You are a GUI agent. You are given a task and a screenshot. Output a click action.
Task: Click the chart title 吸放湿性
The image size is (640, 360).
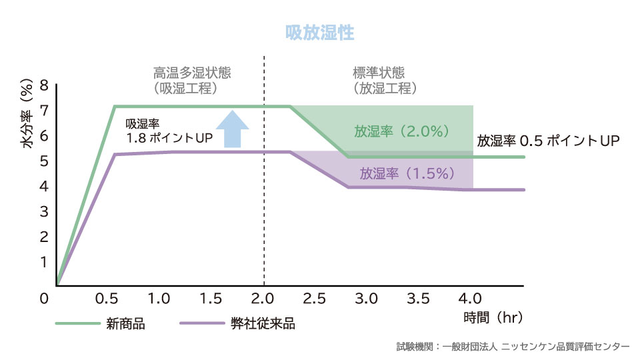(x=319, y=32)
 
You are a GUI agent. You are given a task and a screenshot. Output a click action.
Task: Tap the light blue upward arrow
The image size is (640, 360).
(x=231, y=129)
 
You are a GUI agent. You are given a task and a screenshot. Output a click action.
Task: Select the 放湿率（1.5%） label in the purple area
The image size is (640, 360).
(x=407, y=174)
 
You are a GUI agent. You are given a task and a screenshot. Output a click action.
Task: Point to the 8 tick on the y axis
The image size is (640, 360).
(x=44, y=85)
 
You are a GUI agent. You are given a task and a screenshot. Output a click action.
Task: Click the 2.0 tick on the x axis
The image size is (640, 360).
(x=264, y=297)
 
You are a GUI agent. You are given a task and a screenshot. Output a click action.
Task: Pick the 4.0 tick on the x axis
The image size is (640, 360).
(x=472, y=297)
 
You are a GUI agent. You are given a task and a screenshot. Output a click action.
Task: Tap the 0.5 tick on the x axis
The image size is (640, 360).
(x=109, y=297)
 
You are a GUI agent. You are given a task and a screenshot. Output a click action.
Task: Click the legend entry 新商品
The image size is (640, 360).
(x=125, y=325)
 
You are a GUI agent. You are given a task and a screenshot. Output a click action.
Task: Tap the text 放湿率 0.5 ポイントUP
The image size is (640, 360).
(x=549, y=141)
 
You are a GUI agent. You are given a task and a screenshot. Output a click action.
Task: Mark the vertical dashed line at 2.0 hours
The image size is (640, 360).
(x=265, y=200)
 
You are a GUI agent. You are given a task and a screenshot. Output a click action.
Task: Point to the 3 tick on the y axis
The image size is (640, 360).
(x=44, y=211)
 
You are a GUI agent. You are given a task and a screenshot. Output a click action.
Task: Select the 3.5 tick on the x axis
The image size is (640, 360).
(x=420, y=297)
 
